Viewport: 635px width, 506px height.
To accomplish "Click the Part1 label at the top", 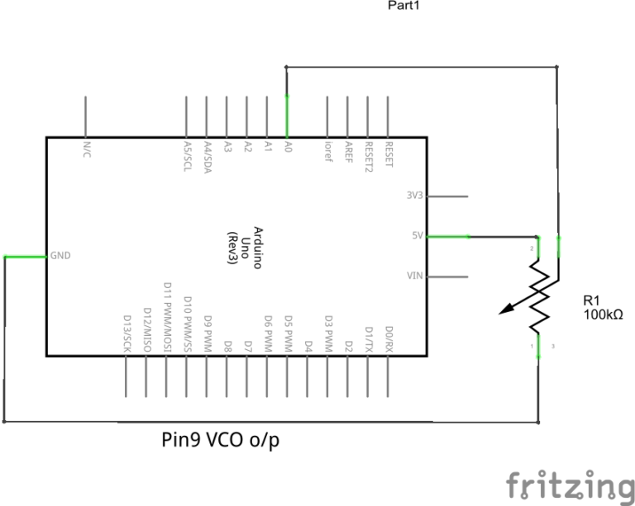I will tap(404, 6).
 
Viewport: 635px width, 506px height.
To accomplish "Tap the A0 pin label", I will tap(287, 146).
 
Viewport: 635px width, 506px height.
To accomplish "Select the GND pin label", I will tap(60, 256).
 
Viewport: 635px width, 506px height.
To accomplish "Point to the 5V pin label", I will tap(418, 236).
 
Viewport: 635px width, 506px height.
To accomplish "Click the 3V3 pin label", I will tap(415, 196).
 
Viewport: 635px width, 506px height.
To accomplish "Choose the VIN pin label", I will tap(416, 276).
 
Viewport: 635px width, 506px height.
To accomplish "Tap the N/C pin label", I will tap(87, 149).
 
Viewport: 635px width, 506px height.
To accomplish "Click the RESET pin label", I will tap(389, 154).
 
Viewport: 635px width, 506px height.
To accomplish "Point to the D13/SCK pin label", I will tap(127, 333).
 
